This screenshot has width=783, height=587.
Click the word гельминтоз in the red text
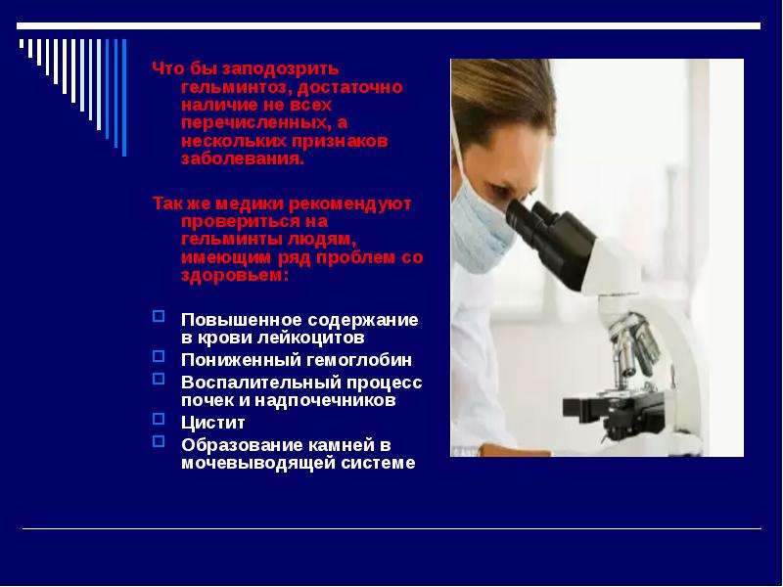point(236,87)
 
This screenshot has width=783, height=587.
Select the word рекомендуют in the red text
point(350,203)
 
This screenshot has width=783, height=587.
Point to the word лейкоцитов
point(311,338)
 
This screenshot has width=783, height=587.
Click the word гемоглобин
point(356,360)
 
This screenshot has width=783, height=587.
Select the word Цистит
point(213,424)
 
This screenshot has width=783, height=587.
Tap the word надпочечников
point(325,400)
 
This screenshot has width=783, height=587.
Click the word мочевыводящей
point(257,463)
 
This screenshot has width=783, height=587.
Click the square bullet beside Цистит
point(159,419)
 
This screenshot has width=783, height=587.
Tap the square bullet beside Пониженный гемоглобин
point(159,356)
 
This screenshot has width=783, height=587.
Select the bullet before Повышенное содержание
point(159,316)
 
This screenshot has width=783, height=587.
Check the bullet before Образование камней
point(159,441)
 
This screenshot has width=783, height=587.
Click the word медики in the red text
point(250,203)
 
